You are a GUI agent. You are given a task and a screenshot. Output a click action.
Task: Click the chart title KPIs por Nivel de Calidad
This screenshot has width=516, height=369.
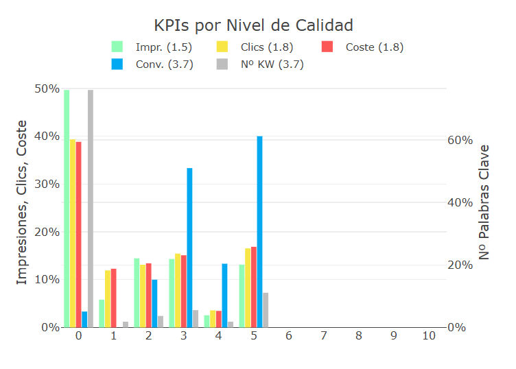(x=253, y=25)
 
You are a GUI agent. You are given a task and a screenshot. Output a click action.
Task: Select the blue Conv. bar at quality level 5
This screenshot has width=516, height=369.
(x=259, y=232)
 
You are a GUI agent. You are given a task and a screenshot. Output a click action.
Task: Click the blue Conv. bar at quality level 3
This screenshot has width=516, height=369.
(x=189, y=248)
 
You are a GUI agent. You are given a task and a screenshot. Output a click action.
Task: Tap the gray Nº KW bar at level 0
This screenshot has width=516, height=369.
(x=91, y=209)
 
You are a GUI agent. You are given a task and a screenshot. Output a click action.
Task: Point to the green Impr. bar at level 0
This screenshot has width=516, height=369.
(x=67, y=209)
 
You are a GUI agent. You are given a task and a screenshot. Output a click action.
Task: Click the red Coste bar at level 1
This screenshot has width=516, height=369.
(x=113, y=298)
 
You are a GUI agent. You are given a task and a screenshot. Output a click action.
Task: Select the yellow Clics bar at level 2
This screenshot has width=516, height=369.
(x=143, y=296)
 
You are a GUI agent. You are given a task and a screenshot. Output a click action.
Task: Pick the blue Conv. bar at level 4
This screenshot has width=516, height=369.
(x=224, y=296)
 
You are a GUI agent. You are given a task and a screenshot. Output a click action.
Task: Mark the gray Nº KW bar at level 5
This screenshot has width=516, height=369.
(x=266, y=310)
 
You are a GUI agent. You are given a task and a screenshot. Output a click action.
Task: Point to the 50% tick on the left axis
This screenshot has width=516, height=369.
(x=47, y=88)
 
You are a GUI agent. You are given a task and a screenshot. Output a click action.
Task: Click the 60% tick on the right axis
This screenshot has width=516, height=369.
(x=460, y=140)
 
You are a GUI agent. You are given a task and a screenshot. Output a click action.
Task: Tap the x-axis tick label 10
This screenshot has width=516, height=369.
(x=429, y=336)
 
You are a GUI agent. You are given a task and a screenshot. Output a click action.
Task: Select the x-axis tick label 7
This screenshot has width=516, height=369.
(x=324, y=336)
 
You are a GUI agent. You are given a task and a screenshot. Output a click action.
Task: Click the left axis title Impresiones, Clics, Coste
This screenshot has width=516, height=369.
(x=22, y=202)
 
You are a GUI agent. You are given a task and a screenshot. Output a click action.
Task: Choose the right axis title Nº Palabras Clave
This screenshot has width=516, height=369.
(x=484, y=202)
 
